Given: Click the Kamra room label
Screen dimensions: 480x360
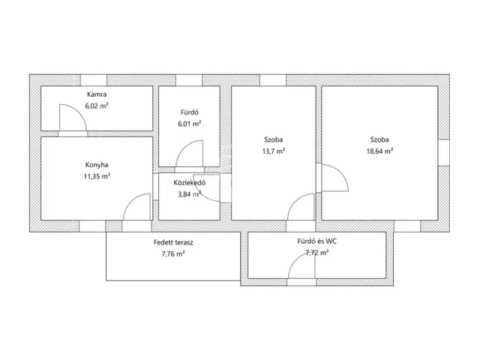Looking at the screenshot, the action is click(x=97, y=94).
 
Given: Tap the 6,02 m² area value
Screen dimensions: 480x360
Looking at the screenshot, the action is click(x=97, y=106).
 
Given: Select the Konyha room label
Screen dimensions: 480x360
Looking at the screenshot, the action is click(x=97, y=165).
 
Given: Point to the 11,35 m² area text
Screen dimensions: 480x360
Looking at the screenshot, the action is click(x=97, y=176).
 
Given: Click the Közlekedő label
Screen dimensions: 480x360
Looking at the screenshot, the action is click(x=190, y=183).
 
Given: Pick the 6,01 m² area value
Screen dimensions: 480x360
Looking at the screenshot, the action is click(x=190, y=124).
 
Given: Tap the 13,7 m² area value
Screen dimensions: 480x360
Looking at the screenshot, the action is click(x=274, y=151).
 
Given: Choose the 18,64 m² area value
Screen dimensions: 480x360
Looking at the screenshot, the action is click(x=379, y=151).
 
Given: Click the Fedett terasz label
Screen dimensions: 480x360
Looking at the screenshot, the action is click(x=173, y=242).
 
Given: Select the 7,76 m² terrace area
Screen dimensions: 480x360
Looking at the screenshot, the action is click(x=173, y=253).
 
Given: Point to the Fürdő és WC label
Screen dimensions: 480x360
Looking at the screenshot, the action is click(x=316, y=241).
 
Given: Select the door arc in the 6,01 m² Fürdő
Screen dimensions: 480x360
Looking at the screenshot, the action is click(x=183, y=147).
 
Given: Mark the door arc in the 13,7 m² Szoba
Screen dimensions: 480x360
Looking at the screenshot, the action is click(x=294, y=200).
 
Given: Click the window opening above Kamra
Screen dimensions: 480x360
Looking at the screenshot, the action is click(x=94, y=80).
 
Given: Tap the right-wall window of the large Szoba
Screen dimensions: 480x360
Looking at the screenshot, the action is click(x=444, y=153).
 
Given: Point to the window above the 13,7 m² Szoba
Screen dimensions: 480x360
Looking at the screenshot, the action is click(x=273, y=80).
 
